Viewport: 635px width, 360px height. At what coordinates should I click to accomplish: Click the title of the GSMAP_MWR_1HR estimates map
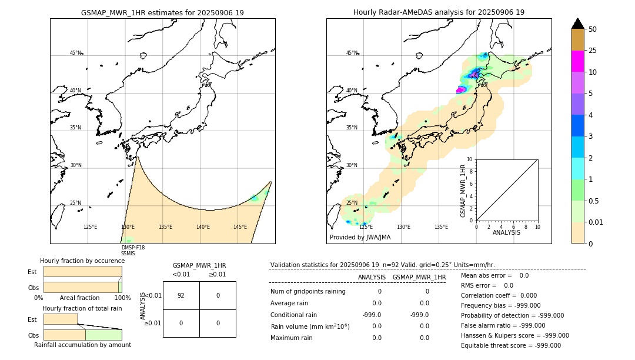162,12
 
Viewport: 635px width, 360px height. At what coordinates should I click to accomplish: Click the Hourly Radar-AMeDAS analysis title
439,12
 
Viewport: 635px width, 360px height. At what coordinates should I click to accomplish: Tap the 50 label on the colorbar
593,29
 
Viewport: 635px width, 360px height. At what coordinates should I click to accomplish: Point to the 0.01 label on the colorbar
596,222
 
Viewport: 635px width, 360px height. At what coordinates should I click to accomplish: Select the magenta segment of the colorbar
577,61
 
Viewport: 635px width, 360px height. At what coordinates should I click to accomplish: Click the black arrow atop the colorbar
577,24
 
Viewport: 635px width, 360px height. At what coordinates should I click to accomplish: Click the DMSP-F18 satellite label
132,248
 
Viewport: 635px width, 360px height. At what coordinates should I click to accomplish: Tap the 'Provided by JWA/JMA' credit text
360,237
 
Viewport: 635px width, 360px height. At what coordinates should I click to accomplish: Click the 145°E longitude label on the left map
240,227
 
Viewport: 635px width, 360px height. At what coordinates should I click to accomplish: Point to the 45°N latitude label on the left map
76,53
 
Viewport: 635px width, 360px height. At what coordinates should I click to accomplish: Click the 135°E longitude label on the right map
441,227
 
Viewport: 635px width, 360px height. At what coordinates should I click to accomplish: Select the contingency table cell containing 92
181,295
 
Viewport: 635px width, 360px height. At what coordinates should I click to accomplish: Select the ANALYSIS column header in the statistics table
372,277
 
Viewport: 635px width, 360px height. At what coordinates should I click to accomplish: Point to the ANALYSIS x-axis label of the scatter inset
507,232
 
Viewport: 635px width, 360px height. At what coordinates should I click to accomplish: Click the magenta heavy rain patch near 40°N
462,89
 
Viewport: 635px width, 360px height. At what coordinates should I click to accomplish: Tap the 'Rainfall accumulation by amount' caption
82,345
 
